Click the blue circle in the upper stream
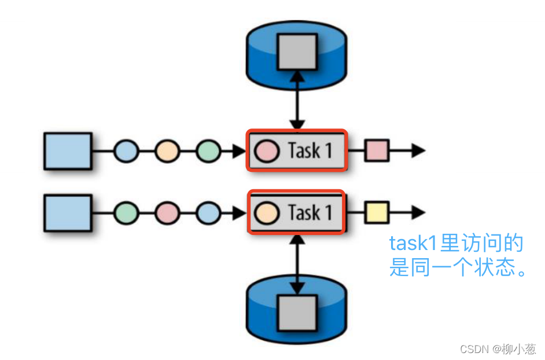(126, 151)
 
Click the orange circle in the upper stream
(167, 151)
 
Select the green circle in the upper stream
(208, 151)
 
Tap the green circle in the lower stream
(126, 213)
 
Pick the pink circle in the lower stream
(167, 213)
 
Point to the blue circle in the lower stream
(208, 213)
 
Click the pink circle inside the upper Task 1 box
(267, 151)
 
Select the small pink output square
(377, 151)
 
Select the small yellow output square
(377, 213)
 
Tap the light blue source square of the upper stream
(68, 151)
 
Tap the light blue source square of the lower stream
(68, 213)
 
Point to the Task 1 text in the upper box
(310, 151)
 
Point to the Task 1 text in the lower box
(310, 213)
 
